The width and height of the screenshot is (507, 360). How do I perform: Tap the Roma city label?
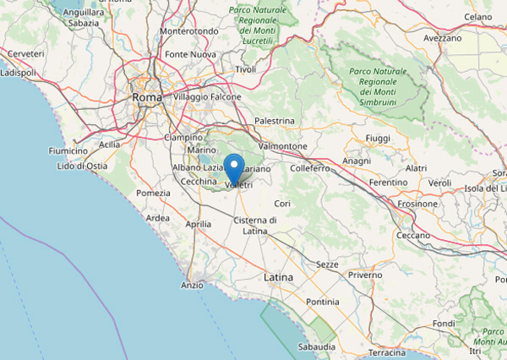[x=147, y=98]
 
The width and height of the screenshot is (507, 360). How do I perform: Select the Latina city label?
[x=278, y=278]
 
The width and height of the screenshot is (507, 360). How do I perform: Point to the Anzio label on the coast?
[x=192, y=286]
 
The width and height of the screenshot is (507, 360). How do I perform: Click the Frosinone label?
[x=417, y=204]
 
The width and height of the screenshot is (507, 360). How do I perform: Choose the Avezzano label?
[x=443, y=38]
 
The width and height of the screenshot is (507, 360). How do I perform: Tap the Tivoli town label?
[x=246, y=69]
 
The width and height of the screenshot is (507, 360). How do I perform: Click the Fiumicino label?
[x=68, y=151]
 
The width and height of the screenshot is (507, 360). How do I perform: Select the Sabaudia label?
[x=316, y=347]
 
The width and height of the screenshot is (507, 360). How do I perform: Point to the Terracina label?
[x=387, y=352]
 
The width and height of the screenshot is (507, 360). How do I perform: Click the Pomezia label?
[x=153, y=193]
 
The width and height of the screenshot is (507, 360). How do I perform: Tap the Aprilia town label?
[x=198, y=224]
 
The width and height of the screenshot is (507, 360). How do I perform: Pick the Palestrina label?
[x=274, y=121]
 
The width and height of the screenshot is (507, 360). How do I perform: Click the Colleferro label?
[x=310, y=168]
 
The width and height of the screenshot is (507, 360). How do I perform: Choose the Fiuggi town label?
[x=378, y=139]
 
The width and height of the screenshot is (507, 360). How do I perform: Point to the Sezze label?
[x=327, y=265]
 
